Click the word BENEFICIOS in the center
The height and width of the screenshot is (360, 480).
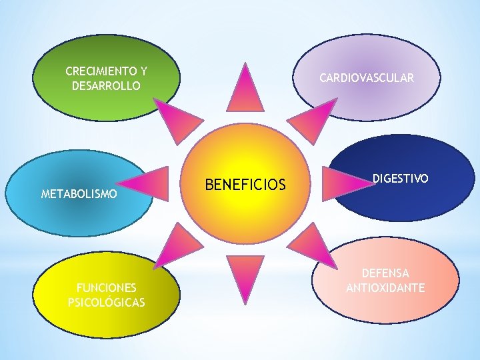[x=245, y=185]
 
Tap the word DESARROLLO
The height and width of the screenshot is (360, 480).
[x=107, y=86]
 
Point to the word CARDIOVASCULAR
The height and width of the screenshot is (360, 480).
[x=367, y=78]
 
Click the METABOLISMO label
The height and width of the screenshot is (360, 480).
[x=79, y=195]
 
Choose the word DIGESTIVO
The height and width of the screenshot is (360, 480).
[x=400, y=179]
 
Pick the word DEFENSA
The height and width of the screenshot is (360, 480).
[x=385, y=273]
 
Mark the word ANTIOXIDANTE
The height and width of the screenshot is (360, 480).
[x=385, y=288]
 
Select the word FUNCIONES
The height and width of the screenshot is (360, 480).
[x=107, y=288]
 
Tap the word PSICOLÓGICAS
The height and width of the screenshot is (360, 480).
[x=107, y=303]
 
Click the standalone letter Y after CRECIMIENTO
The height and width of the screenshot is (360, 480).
[x=143, y=71]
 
